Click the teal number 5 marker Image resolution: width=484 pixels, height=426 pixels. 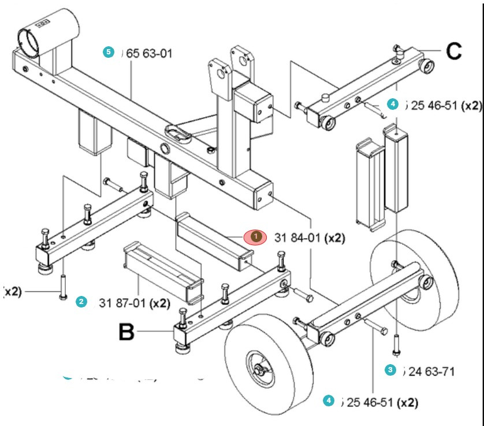point(107,51)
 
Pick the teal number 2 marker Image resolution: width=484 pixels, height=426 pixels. point(81,302)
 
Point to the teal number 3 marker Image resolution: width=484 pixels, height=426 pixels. point(390,369)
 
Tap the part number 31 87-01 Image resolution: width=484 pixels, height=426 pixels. point(126,303)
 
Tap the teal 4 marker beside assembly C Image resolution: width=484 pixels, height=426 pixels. point(392,104)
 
